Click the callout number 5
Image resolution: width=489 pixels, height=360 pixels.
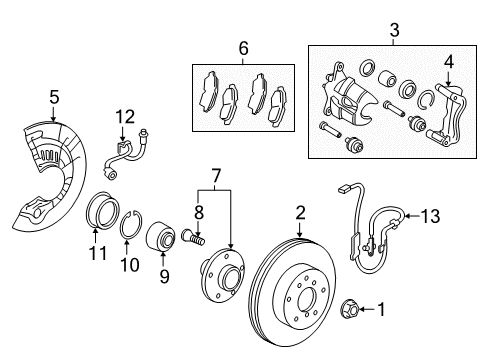point(55,97)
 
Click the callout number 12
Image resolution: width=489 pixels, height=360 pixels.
point(124,116)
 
